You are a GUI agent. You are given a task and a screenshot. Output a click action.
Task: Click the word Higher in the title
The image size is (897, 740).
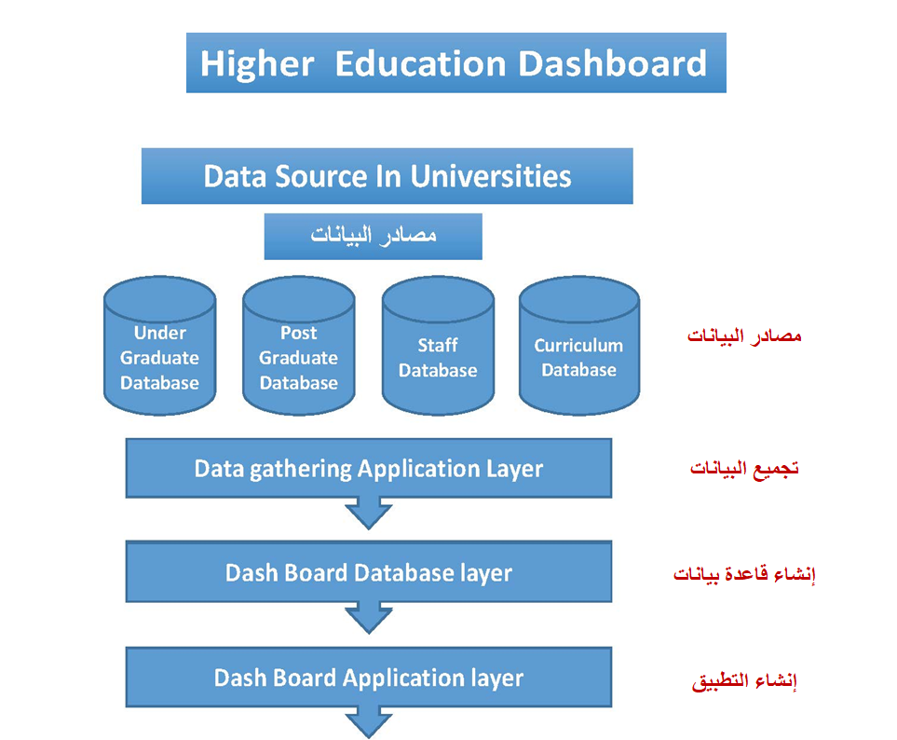(257, 63)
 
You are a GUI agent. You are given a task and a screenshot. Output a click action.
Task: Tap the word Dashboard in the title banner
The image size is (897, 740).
(613, 63)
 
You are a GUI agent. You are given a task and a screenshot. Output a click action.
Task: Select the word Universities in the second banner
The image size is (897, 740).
(491, 176)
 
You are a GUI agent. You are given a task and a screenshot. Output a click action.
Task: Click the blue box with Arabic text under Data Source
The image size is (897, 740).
(373, 237)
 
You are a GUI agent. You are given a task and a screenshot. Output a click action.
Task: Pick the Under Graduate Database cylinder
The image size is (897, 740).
(159, 346)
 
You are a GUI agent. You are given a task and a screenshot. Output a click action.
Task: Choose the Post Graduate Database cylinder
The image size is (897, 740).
(299, 346)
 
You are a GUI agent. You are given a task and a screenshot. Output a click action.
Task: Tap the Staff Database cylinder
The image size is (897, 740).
(438, 346)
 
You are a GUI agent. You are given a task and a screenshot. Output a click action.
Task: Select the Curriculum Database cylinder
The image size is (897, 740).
(579, 346)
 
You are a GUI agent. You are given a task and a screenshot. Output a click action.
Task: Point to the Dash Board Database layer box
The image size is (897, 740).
(369, 571)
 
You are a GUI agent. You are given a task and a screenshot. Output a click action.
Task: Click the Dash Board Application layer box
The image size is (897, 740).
(369, 677)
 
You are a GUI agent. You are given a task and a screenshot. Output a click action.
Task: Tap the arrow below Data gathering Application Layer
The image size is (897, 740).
(369, 513)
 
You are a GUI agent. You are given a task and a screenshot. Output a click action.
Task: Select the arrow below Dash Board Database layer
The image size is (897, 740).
(369, 618)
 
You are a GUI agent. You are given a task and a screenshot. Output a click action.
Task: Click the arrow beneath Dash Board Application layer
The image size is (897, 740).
(369, 722)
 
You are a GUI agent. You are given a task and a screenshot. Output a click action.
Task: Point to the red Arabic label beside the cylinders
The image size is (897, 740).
(743, 336)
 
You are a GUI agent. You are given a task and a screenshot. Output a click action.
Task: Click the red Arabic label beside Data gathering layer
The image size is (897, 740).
(743, 469)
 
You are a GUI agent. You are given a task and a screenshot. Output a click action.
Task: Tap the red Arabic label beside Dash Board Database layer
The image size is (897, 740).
(743, 573)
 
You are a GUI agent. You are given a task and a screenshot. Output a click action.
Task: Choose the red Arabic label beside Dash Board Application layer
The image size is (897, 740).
(743, 680)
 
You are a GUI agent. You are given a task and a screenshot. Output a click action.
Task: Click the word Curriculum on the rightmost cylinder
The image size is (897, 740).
(578, 345)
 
